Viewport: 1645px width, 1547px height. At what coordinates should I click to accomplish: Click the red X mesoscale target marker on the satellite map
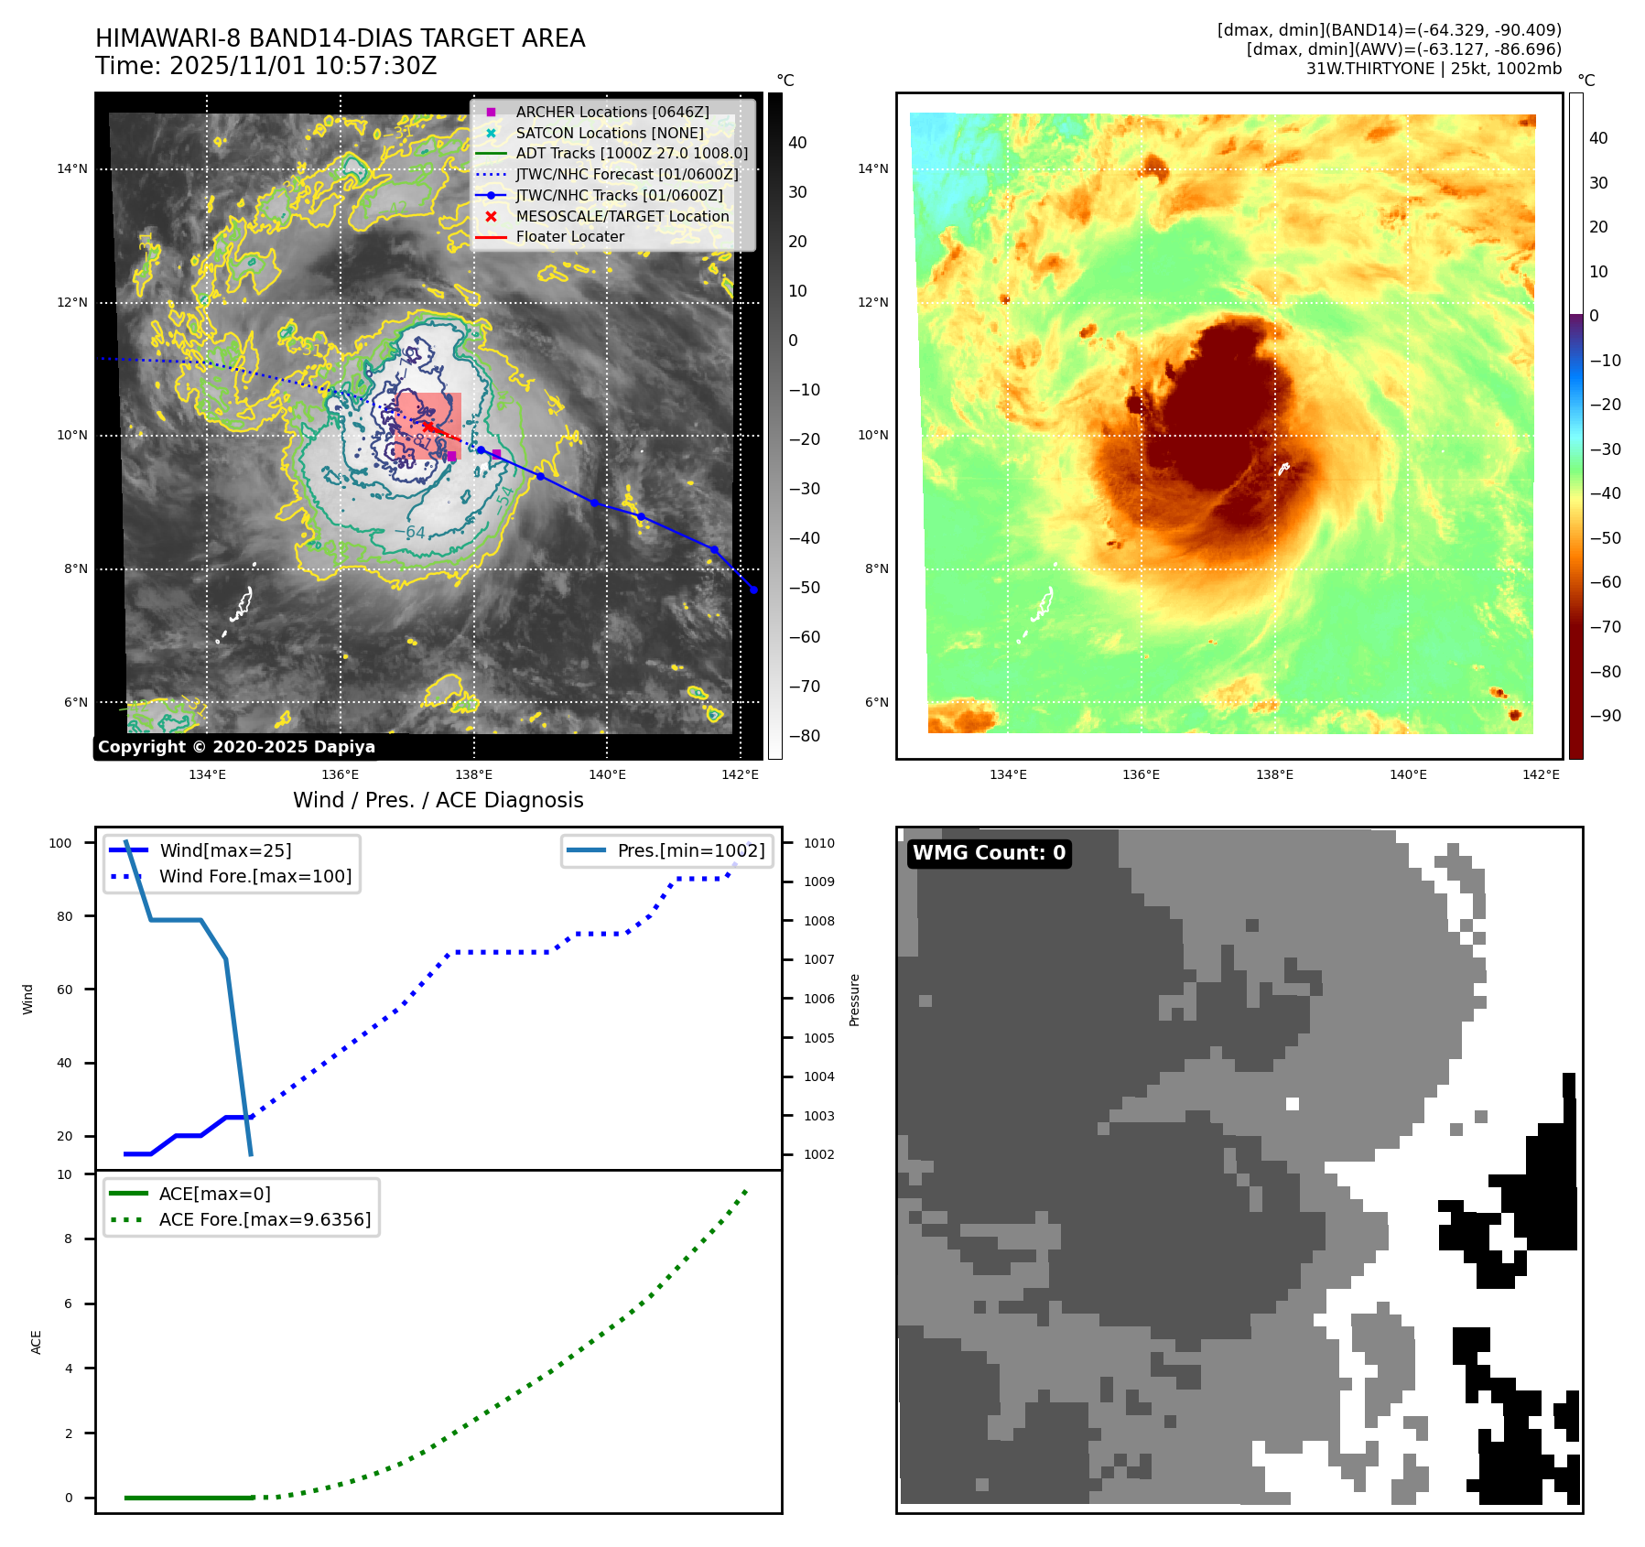[427, 427]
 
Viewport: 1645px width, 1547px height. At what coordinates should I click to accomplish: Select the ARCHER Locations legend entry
[611, 112]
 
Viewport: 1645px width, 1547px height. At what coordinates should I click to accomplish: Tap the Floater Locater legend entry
[569, 236]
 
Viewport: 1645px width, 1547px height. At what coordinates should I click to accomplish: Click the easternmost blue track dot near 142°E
[753, 590]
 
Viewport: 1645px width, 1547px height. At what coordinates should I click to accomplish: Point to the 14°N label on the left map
[72, 168]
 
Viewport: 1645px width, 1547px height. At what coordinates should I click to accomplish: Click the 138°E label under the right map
[1274, 774]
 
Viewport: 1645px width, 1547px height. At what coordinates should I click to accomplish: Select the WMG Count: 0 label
[989, 853]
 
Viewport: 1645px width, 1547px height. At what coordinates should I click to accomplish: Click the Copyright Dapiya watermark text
[236, 747]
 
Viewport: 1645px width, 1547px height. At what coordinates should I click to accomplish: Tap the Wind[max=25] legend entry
[225, 850]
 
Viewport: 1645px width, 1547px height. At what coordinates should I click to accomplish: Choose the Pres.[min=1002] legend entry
[690, 850]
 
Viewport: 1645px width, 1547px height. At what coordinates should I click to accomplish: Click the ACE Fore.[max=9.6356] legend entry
[265, 1219]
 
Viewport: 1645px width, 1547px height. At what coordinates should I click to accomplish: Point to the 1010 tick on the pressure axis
[819, 843]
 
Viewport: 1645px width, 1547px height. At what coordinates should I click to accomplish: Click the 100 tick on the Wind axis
[60, 843]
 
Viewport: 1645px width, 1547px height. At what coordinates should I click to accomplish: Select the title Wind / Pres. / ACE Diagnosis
[438, 800]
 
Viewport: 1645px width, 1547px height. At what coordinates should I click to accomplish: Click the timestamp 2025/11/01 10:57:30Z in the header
[303, 66]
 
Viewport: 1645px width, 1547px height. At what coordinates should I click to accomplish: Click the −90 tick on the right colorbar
[1606, 716]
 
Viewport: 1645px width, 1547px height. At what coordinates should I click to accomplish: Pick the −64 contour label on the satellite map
[415, 532]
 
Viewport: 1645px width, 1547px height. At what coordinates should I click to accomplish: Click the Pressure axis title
[854, 1000]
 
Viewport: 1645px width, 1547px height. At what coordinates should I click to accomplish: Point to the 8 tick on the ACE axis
[68, 1239]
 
